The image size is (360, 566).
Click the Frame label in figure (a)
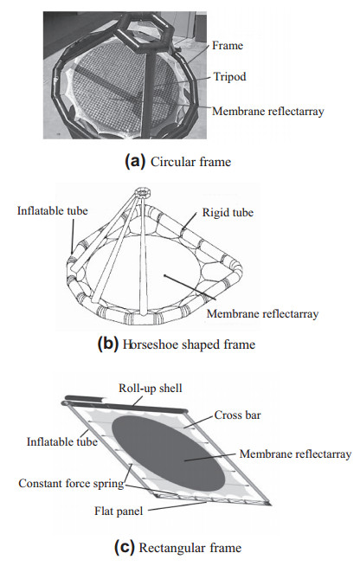(227, 46)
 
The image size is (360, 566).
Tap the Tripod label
(229, 76)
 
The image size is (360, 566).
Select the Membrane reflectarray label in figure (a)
(268, 111)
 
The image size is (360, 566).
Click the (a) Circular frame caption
(177, 161)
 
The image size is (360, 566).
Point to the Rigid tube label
(228, 212)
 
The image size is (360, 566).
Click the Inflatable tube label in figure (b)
(53, 211)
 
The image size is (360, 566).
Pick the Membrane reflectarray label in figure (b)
(262, 313)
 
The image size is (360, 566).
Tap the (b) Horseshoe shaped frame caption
(177, 344)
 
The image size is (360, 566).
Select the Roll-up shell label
(151, 388)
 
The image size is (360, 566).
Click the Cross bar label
(237, 415)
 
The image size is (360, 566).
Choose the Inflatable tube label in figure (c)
(62, 441)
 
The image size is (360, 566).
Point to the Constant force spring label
(71, 483)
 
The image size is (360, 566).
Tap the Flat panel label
(119, 511)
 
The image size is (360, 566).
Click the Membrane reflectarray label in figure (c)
(295, 453)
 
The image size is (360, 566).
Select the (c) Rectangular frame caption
(177, 548)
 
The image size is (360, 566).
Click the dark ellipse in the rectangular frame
(169, 452)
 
